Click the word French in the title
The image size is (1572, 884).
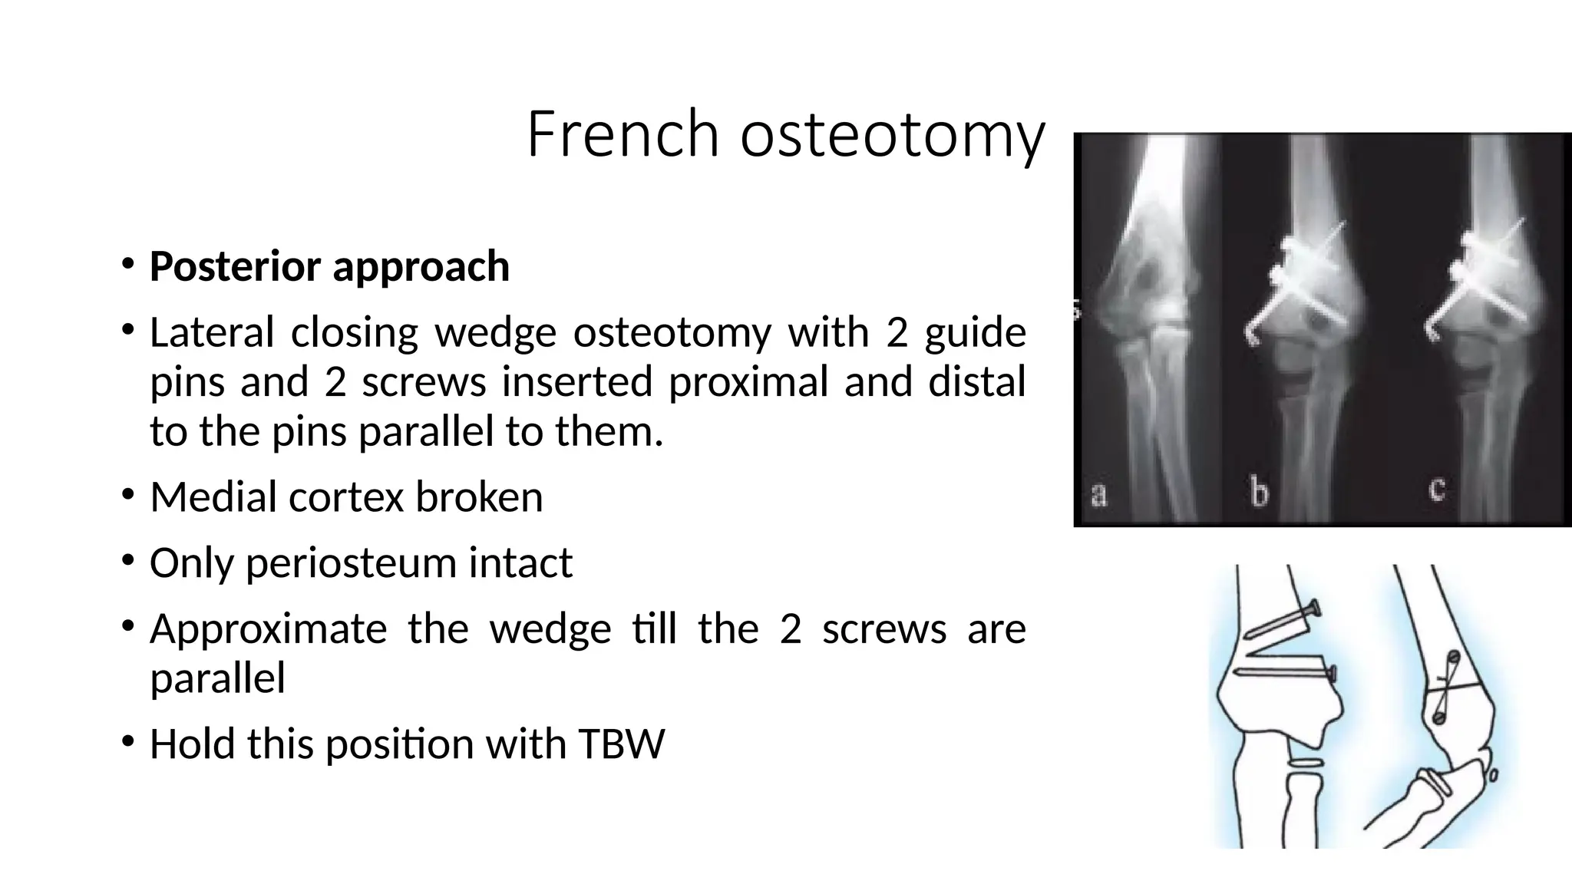(x=622, y=134)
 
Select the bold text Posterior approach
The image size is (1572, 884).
(x=329, y=266)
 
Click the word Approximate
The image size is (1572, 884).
(x=269, y=628)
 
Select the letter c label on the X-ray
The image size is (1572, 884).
(x=1437, y=488)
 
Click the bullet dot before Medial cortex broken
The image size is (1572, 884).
(x=127, y=495)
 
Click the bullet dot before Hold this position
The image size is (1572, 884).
(x=127, y=742)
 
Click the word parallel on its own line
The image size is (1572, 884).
(x=217, y=678)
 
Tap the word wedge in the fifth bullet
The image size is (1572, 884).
(x=550, y=628)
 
